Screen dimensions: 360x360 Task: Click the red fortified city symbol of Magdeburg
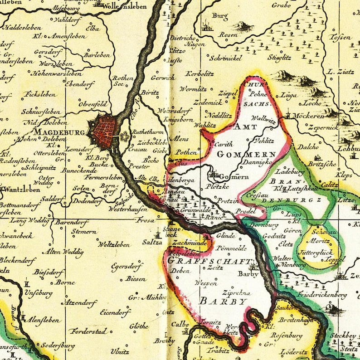click(x=103, y=132)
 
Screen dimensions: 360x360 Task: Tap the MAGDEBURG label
click(x=59, y=132)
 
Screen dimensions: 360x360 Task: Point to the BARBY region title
click(x=218, y=301)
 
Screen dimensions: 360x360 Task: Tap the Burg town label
click(x=220, y=16)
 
